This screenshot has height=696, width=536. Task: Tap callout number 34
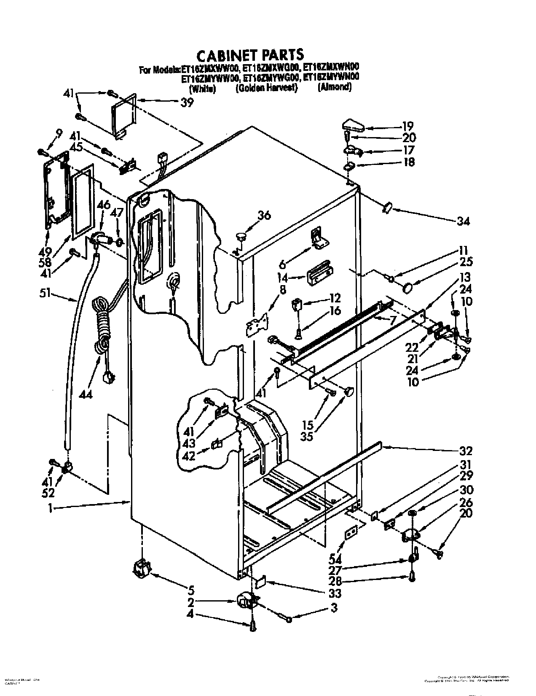click(x=463, y=221)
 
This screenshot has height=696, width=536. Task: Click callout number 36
click(x=264, y=215)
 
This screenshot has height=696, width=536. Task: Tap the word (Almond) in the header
click(x=334, y=88)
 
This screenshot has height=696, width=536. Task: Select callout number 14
click(x=283, y=278)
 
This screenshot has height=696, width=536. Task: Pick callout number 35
click(x=307, y=436)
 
